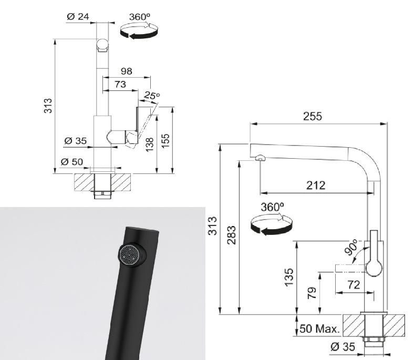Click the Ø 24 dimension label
point(78,17)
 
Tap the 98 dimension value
point(126,71)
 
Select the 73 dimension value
point(120,85)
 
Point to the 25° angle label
point(151,95)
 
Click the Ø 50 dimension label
point(72,162)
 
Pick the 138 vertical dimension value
point(149,145)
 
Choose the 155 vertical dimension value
point(165,141)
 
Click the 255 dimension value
point(313,116)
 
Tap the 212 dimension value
point(316,186)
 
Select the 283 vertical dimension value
point(232,235)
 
